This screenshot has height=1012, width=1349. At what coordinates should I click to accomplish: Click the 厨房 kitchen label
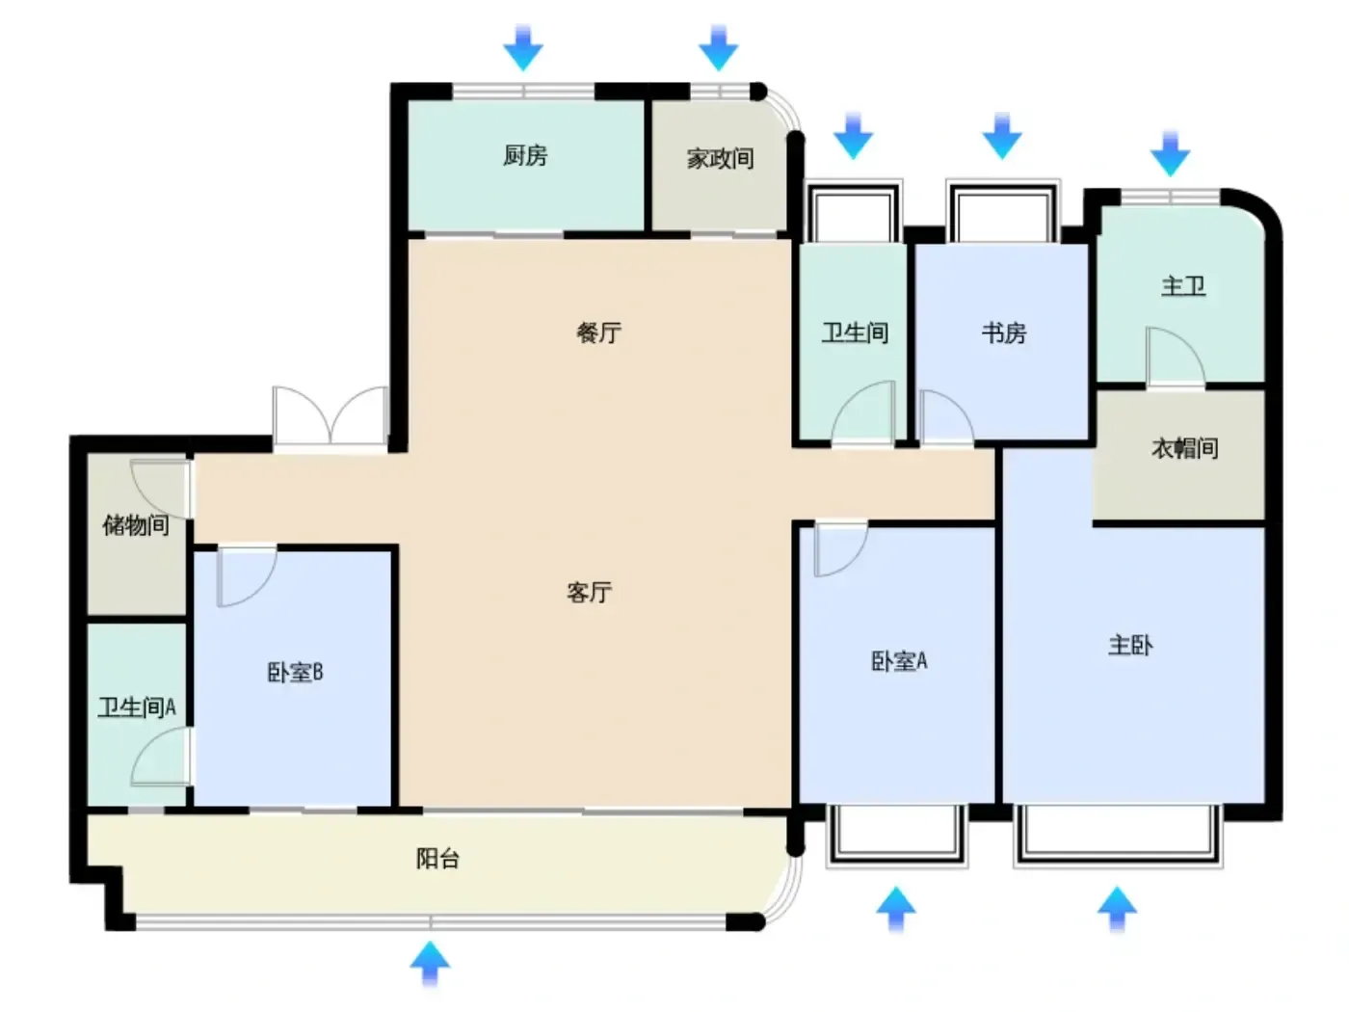[x=525, y=155]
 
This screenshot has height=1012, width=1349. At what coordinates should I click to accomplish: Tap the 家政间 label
[x=720, y=158]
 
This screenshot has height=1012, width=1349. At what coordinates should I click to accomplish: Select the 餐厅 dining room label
[x=598, y=333]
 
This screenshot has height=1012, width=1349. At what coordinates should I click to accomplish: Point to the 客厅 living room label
[x=589, y=593]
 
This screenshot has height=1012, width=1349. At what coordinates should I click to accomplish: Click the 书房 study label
[x=1004, y=333]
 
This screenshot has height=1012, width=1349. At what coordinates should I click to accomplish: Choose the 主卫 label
[x=1183, y=286]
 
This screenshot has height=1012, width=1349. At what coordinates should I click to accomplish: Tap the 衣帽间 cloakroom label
[x=1184, y=448]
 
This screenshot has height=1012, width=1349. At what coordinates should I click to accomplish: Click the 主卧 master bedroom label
[x=1130, y=645]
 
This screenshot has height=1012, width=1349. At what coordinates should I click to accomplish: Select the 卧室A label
[x=899, y=661]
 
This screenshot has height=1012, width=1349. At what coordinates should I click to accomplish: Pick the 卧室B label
[x=295, y=672]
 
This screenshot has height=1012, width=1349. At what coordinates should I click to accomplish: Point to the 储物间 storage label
[x=136, y=524]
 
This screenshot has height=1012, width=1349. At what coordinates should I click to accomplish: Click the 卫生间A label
[x=137, y=707]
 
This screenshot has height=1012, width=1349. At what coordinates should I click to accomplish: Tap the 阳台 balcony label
[x=437, y=858]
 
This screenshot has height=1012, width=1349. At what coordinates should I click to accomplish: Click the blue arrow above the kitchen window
[x=523, y=47]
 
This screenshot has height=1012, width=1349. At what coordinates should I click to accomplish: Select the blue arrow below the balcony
[x=430, y=964]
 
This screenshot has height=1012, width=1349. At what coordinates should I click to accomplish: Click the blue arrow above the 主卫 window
[x=1170, y=153]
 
